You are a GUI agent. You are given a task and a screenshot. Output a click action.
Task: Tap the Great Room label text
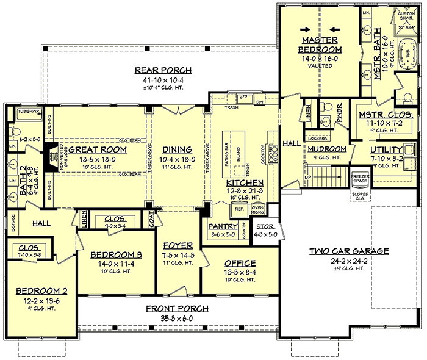pyautogui.click(x=97, y=149)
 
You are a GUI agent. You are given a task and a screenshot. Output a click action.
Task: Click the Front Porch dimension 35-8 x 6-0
pyautogui.click(x=177, y=317)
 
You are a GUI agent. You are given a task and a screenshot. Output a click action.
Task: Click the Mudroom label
pyautogui.click(x=327, y=149)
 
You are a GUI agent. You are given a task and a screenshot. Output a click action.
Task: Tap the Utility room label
pyautogui.click(x=386, y=149)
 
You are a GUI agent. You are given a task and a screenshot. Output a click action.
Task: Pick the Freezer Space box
pyautogui.click(x=360, y=178)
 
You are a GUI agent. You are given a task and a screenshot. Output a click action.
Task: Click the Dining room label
pyautogui.click(x=178, y=149)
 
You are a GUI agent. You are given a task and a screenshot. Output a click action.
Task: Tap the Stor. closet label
pyautogui.click(x=265, y=226)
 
